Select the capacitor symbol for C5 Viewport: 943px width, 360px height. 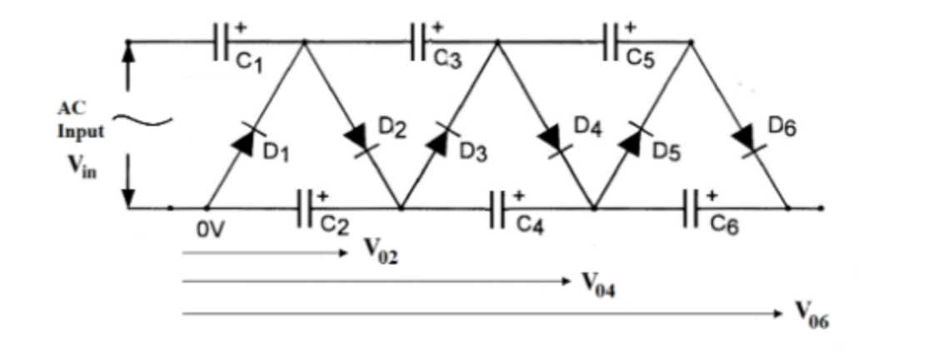pyautogui.click(x=613, y=42)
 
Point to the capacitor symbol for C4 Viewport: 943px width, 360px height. pyautogui.click(x=500, y=207)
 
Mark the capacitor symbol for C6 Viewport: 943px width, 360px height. pyautogui.click(x=693, y=207)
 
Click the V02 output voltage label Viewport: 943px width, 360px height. pyautogui.click(x=382, y=250)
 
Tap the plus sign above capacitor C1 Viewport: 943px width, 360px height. pyautogui.click(x=241, y=27)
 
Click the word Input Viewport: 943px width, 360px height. pyautogui.click(x=81, y=132)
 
